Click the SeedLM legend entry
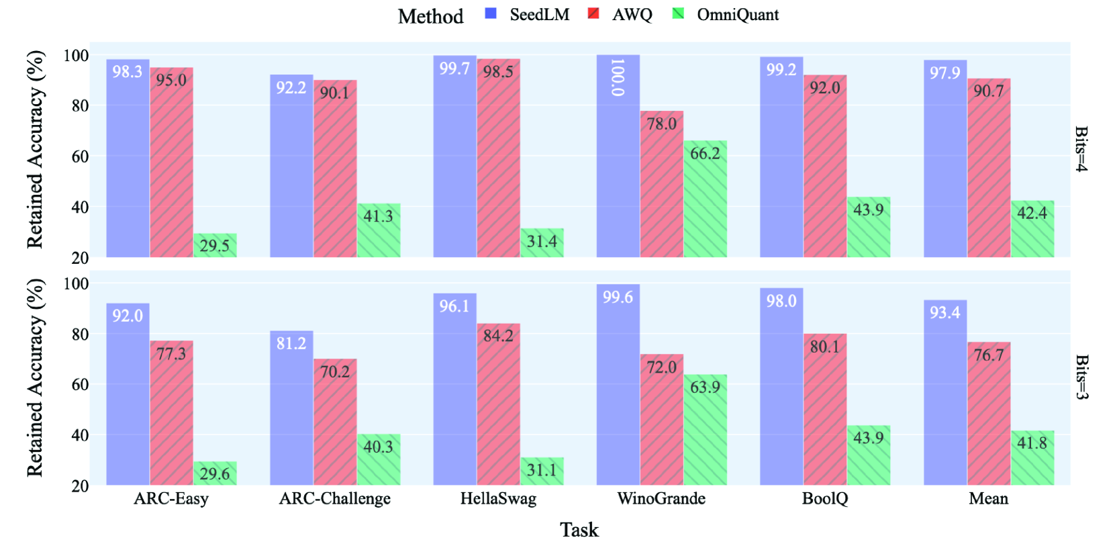(528, 15)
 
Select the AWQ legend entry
(620, 15)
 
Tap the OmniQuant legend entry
(726, 15)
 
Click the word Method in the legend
(430, 16)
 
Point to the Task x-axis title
(579, 530)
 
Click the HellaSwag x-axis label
(498, 498)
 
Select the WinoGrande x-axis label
(661, 498)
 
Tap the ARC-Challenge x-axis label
(334, 498)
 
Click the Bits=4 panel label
(1081, 149)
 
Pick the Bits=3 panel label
(1081, 377)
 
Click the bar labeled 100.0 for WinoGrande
(618, 161)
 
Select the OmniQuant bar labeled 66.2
(705, 201)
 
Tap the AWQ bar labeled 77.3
(171, 416)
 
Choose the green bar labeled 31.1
(542, 471)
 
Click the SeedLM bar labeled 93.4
(944, 396)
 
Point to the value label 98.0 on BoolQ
(781, 301)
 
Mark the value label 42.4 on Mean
(1032, 213)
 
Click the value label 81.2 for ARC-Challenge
(291, 343)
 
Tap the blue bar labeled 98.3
(128, 161)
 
